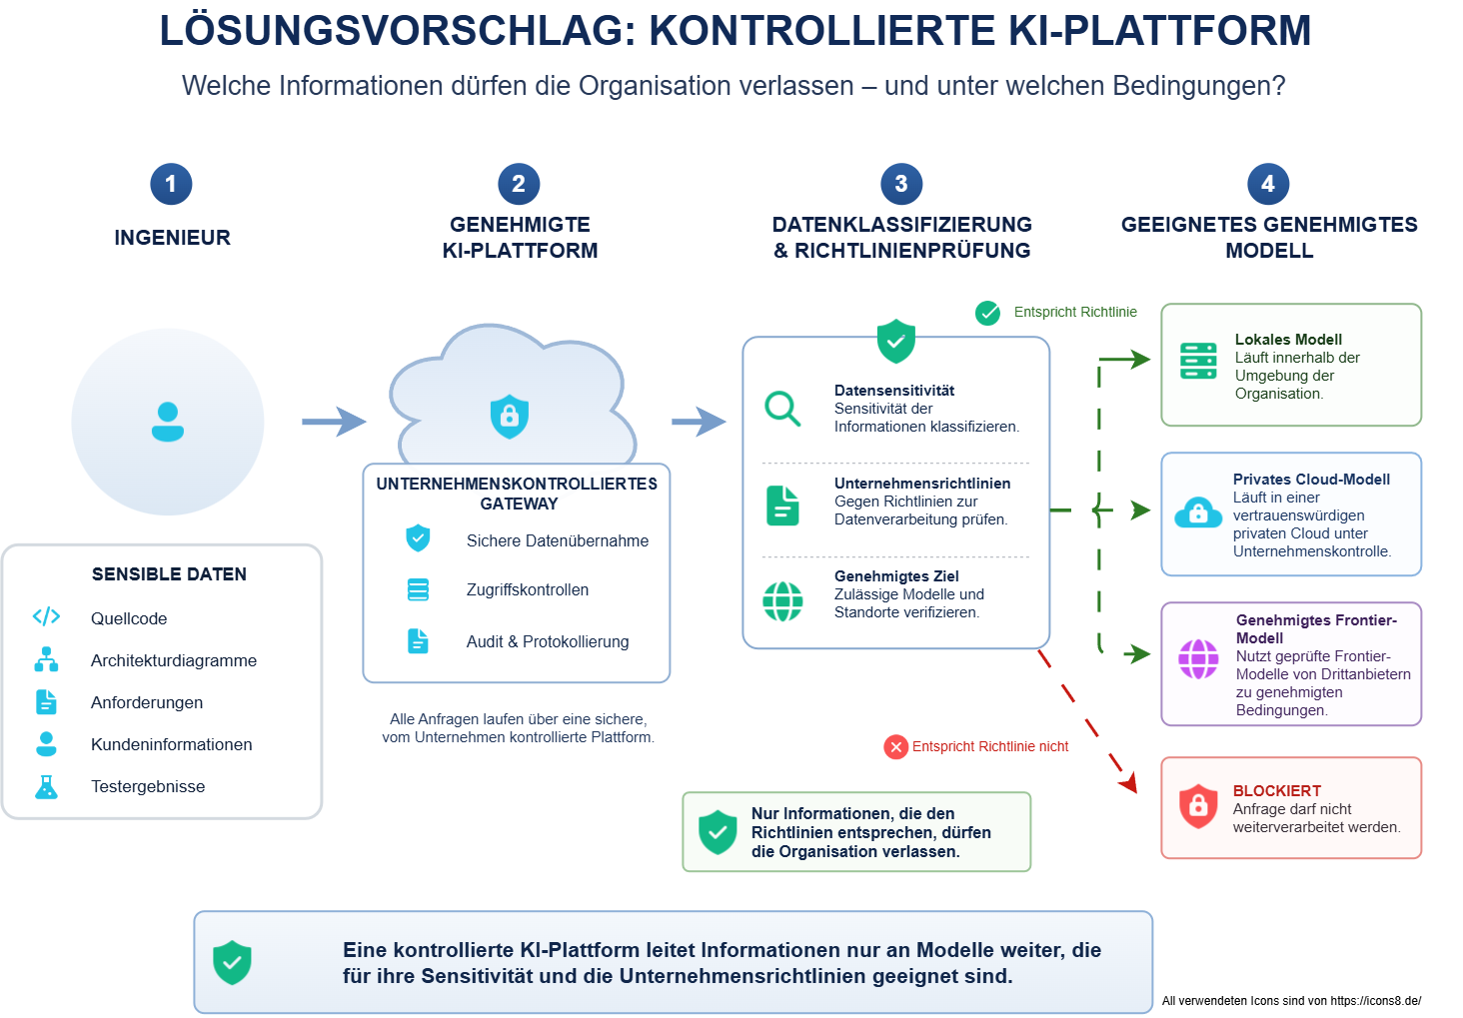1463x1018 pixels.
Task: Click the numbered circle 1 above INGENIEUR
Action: click(x=171, y=184)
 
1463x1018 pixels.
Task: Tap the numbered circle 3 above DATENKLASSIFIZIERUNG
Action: click(x=901, y=184)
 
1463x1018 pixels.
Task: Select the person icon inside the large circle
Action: click(x=168, y=422)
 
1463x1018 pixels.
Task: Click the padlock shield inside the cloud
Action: click(x=510, y=416)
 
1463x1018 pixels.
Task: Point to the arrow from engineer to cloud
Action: click(x=334, y=422)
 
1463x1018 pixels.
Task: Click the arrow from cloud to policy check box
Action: click(x=699, y=422)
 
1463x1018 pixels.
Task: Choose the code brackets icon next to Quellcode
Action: click(x=46, y=616)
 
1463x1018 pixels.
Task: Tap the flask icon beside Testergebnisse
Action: click(x=46, y=787)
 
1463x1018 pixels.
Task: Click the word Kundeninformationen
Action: click(x=171, y=744)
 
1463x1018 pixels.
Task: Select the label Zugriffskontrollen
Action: click(x=527, y=589)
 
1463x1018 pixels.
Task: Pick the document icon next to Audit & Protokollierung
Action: click(x=418, y=641)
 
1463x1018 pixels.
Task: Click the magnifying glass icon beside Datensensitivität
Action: click(x=782, y=409)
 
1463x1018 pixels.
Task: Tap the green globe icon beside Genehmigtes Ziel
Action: click(x=782, y=600)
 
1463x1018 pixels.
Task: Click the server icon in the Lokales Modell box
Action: click(x=1198, y=361)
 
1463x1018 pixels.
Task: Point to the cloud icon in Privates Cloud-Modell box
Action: click(x=1198, y=512)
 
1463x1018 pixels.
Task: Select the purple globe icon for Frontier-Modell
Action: click(x=1198, y=659)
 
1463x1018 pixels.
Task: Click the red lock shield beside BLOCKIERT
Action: click(x=1198, y=806)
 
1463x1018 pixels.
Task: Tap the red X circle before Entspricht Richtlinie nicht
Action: click(x=895, y=747)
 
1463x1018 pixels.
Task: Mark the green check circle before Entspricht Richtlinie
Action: click(x=987, y=313)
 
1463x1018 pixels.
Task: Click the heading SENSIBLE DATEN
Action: click(x=169, y=574)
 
